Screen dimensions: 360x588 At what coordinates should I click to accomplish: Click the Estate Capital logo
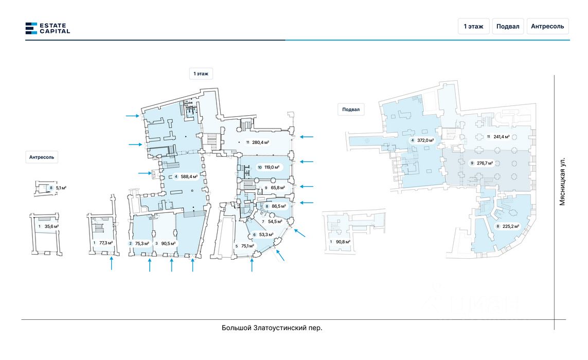coord(47,28)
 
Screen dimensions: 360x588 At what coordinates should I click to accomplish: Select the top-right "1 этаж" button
coord(473,26)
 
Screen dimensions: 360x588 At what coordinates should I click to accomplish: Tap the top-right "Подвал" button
coord(507,26)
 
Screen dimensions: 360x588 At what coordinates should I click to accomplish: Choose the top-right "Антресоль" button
coord(547,26)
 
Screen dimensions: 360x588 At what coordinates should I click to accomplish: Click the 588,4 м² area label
coord(186,176)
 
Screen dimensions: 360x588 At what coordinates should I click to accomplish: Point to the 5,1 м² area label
coord(61,188)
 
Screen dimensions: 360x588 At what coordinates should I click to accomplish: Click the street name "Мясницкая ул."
coord(562,182)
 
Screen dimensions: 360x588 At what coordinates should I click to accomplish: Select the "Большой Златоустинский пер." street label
coord(272,328)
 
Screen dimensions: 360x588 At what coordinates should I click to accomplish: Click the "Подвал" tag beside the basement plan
coord(351,109)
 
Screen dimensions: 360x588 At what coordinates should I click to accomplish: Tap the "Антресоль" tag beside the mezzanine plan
coord(42,157)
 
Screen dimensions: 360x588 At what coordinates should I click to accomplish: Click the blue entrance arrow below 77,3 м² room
coord(112,263)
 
